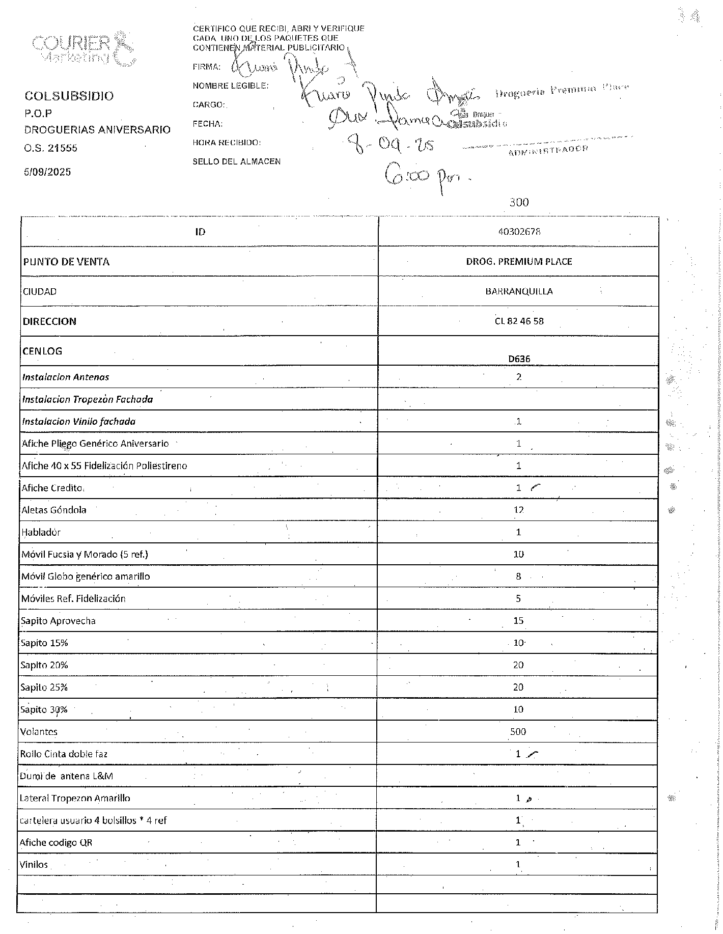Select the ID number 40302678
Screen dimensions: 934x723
pyautogui.click(x=519, y=232)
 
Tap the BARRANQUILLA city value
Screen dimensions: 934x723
pyautogui.click(x=519, y=291)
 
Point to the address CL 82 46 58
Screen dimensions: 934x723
pyautogui.click(x=519, y=321)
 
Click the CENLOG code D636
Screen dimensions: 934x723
pyautogui.click(x=519, y=359)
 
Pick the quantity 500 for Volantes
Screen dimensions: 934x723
pyautogui.click(x=518, y=732)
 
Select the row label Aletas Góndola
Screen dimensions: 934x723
pyautogui.click(x=54, y=510)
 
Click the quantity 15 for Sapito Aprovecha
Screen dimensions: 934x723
pyautogui.click(x=518, y=621)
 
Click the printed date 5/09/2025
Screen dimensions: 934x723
pyautogui.click(x=48, y=172)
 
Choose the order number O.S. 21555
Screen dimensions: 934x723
pyautogui.click(x=51, y=148)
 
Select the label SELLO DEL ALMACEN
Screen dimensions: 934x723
pyautogui.click(x=236, y=161)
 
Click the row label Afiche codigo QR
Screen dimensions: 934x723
pyautogui.click(x=56, y=842)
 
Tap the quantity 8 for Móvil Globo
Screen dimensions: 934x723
pyautogui.click(x=518, y=576)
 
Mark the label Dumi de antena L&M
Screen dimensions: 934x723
pyautogui.click(x=66, y=776)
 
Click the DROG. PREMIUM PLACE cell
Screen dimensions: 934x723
pyautogui.click(x=519, y=262)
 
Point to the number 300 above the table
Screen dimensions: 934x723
pyautogui.click(x=519, y=202)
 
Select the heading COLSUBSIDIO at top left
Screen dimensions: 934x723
pyautogui.click(x=69, y=96)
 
